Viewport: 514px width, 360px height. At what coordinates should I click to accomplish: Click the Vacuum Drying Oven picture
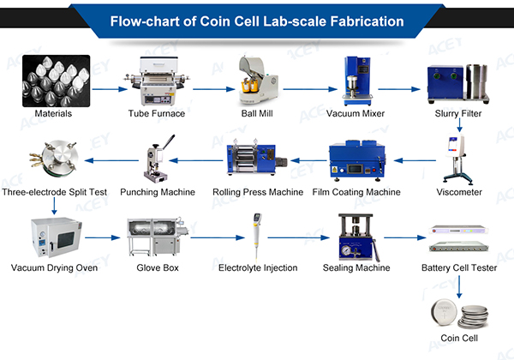click(54, 238)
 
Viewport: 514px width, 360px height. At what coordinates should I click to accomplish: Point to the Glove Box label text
click(157, 267)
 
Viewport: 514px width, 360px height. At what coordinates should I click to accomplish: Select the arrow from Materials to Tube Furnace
click(107, 87)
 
